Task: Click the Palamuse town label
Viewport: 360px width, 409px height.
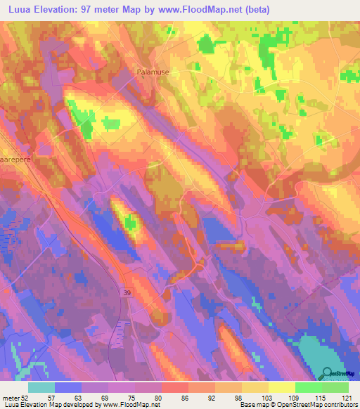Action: (153, 72)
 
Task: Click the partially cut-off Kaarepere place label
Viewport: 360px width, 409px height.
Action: (13, 160)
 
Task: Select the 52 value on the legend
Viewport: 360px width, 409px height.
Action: (26, 398)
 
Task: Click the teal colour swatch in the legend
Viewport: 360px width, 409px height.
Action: (41, 387)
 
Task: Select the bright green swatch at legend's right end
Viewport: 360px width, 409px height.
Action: (335, 387)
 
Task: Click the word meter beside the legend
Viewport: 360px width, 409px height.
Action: (11, 398)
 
